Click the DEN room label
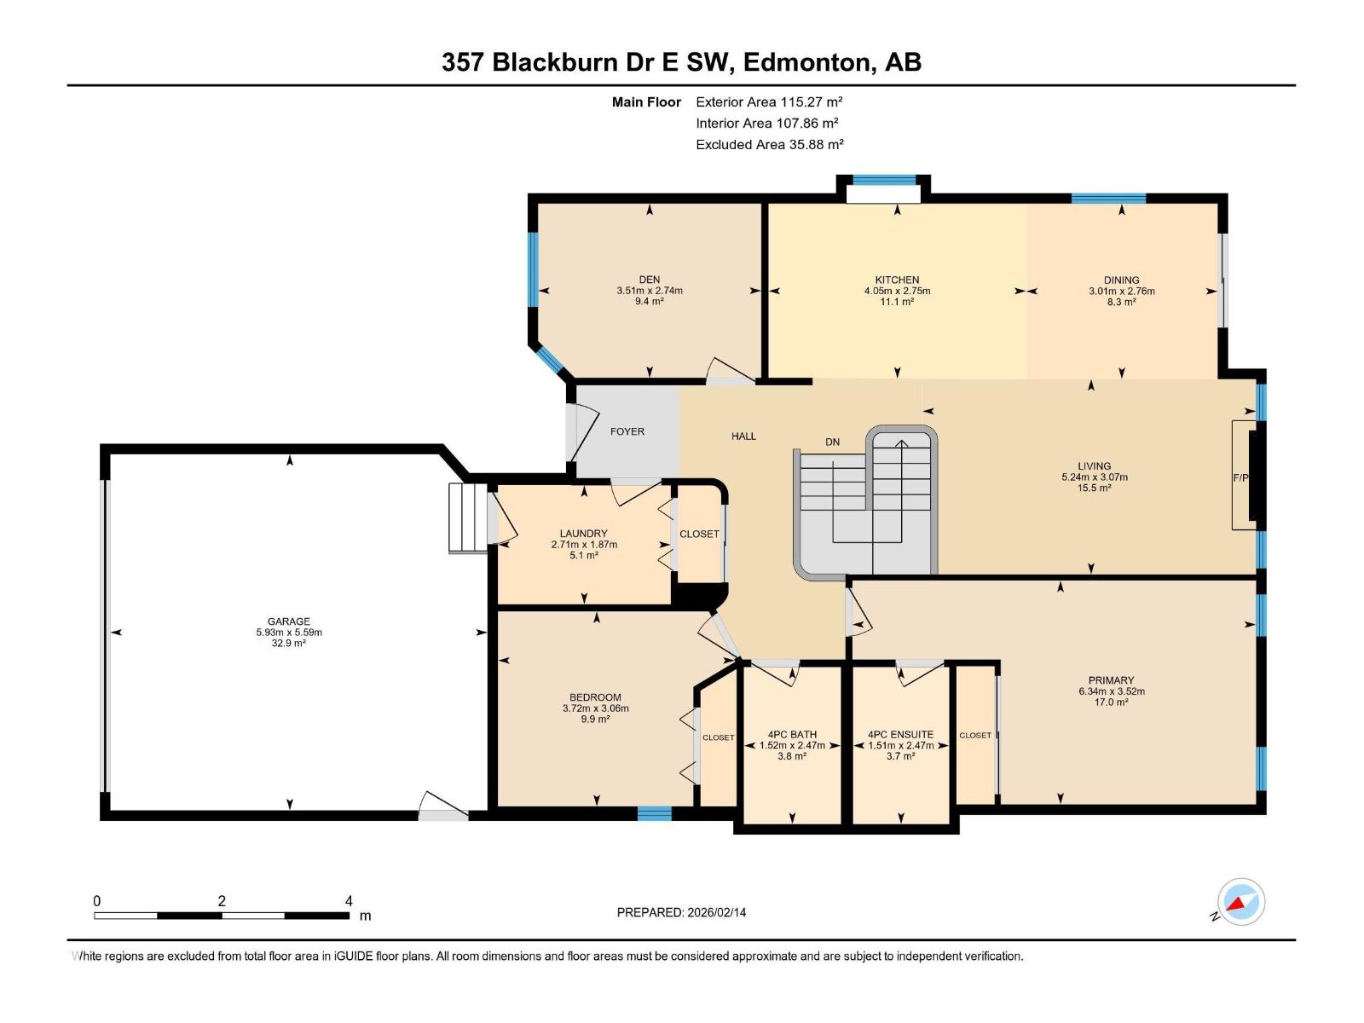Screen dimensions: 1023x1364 tap(650, 280)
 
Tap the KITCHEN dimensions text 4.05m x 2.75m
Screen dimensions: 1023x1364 tap(897, 291)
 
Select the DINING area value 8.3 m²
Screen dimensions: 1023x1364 tap(1121, 302)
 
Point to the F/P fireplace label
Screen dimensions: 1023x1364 tap(1240, 478)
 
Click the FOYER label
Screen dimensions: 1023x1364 tap(627, 431)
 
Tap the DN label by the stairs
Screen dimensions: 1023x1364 tap(832, 442)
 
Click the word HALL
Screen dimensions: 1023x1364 tap(743, 436)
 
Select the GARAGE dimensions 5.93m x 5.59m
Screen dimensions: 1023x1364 tap(289, 633)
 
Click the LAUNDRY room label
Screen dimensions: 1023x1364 tap(584, 534)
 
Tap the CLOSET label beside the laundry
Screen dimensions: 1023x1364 tap(699, 534)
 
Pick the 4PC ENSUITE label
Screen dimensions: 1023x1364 tap(900, 734)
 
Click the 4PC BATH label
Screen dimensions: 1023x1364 tap(792, 734)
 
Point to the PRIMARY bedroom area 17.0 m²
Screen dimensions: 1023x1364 tap(1111, 702)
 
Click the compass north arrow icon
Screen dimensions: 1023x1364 tap(1240, 902)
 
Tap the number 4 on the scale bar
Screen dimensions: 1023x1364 tap(349, 901)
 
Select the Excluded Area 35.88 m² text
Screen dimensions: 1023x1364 tap(769, 145)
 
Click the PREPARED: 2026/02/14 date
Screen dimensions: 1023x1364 tap(681, 912)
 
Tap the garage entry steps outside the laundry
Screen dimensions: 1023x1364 tap(467, 518)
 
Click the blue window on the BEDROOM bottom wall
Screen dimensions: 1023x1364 tap(655, 813)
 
